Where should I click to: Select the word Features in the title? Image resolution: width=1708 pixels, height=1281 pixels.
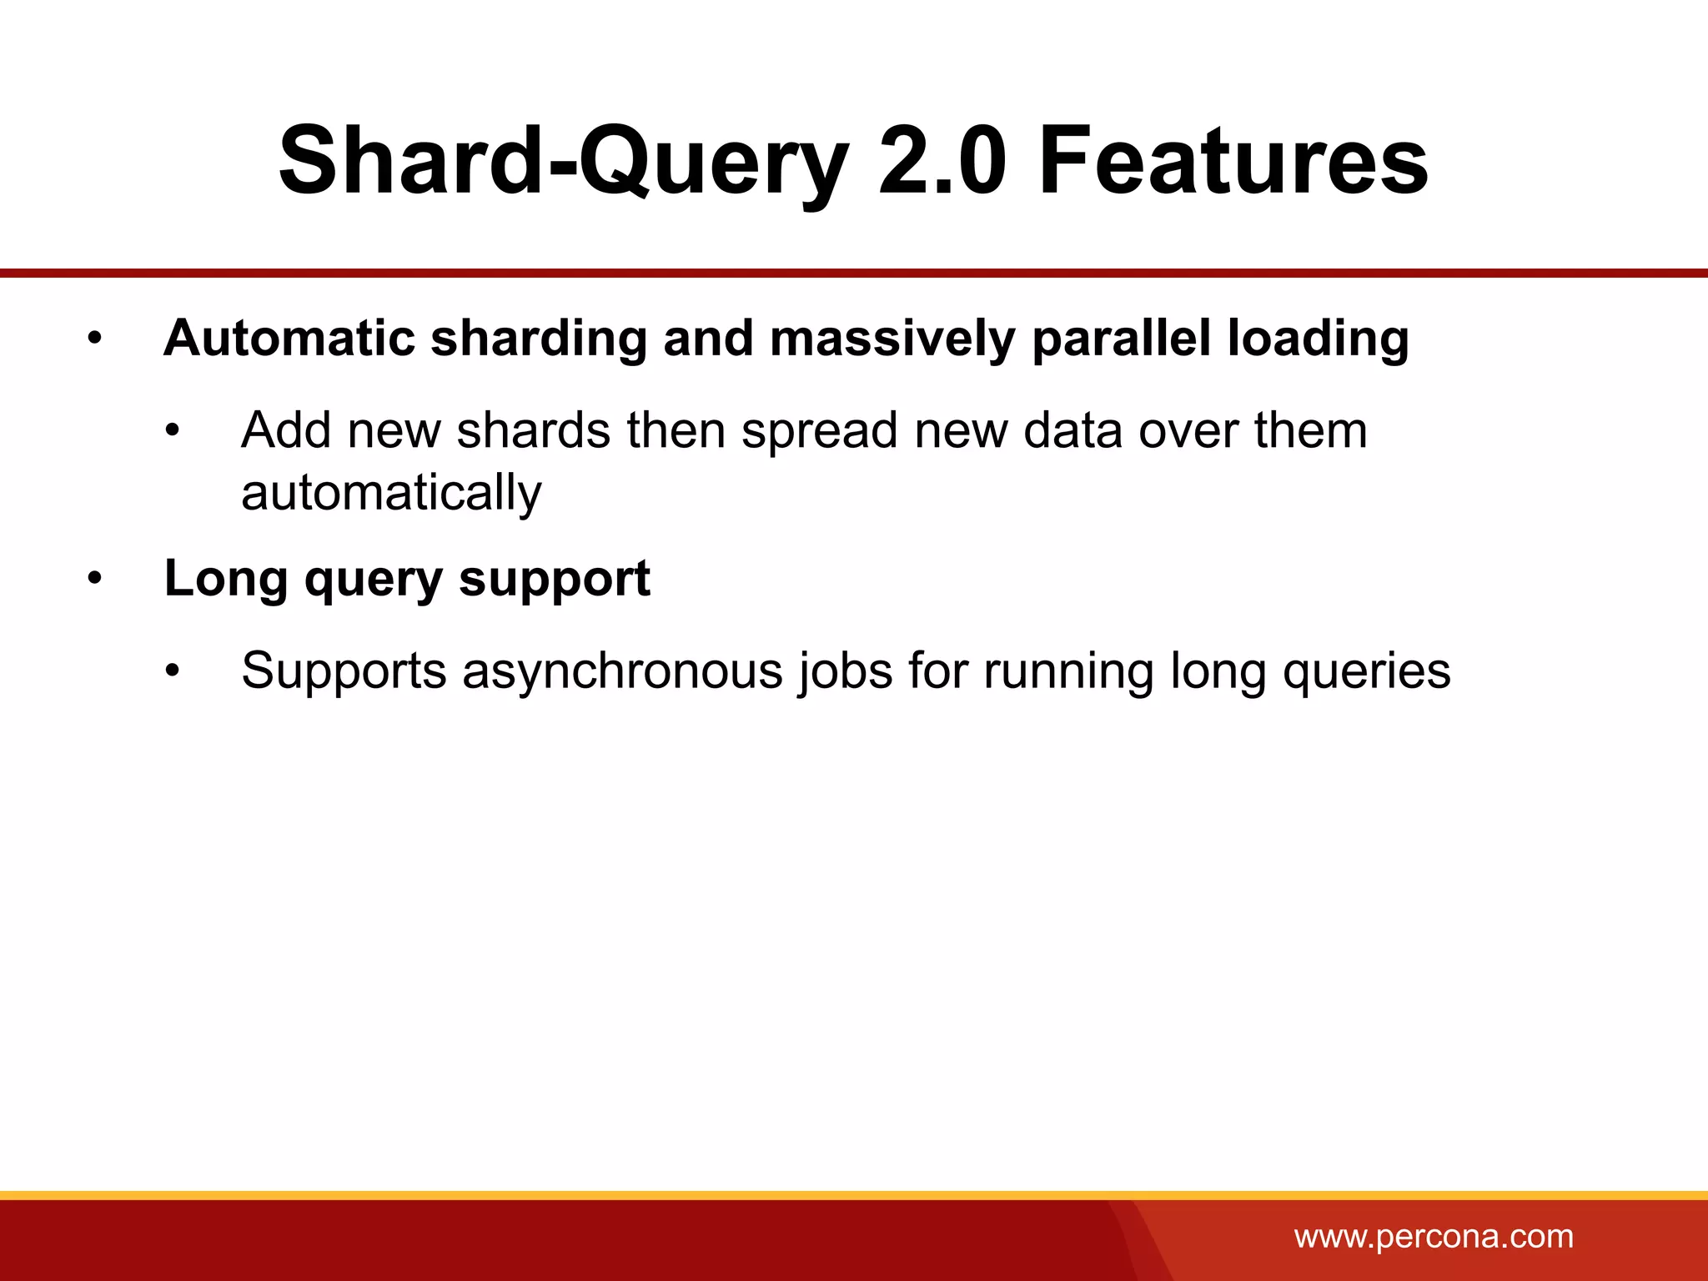1233,160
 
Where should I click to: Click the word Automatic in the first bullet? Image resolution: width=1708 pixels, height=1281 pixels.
289,339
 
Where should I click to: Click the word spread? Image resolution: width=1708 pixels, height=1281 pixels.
819,432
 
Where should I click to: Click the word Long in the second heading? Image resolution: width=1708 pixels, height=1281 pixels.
225,579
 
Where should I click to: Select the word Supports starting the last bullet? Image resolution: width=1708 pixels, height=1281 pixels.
344,671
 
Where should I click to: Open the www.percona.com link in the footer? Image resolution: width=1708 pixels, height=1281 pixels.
1434,1237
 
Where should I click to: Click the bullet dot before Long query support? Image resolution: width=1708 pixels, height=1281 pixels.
95,579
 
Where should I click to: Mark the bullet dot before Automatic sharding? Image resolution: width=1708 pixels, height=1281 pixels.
95,339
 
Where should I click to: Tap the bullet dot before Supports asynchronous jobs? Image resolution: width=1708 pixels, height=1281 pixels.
172,671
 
